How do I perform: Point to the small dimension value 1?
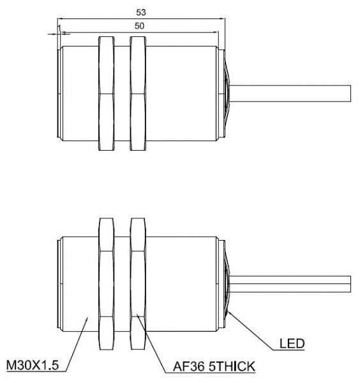pos(57,29)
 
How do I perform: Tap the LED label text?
pos(292,345)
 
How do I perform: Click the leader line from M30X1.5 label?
pos(77,338)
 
